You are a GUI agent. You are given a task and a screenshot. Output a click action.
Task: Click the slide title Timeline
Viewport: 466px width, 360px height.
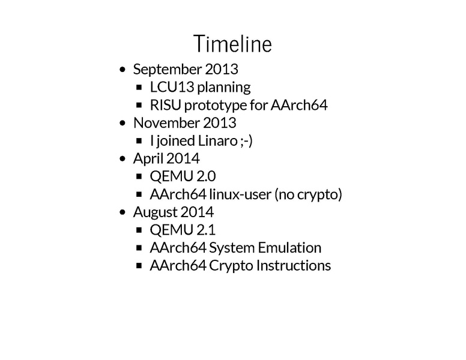[x=232, y=44]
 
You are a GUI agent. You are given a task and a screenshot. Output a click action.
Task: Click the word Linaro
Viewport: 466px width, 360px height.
[x=215, y=141]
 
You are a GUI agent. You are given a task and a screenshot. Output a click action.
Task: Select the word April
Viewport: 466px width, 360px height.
[x=148, y=158]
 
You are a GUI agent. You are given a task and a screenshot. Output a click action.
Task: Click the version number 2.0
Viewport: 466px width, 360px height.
[x=205, y=176]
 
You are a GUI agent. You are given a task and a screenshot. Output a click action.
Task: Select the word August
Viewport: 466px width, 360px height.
[x=154, y=212]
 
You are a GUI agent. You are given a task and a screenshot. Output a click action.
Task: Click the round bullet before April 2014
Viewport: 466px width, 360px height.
[x=124, y=160]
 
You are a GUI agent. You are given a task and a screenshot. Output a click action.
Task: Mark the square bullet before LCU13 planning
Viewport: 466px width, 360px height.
[x=139, y=88]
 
